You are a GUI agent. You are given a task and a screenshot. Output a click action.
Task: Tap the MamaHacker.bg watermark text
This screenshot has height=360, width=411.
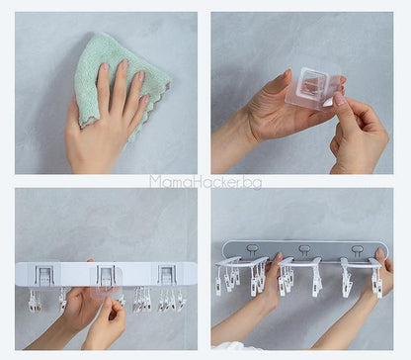tap(205, 182)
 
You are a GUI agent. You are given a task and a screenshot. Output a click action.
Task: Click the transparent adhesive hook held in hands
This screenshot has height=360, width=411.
tap(313, 88)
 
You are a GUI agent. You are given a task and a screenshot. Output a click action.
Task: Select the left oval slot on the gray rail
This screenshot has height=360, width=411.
tap(253, 248)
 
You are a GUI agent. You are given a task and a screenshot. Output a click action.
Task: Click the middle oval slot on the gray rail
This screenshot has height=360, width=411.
tap(304, 248)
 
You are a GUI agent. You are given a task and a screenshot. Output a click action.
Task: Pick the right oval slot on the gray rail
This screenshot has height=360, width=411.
tap(357, 249)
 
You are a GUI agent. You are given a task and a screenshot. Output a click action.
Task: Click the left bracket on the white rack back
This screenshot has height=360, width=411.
tap(44, 275)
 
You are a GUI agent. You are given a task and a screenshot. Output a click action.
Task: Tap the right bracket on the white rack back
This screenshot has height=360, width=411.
tap(168, 275)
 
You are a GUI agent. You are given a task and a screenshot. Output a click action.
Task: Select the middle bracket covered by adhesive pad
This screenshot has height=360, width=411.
tap(106, 276)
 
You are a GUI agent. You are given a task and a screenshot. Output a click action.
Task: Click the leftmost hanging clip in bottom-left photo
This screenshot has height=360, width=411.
tap(34, 301)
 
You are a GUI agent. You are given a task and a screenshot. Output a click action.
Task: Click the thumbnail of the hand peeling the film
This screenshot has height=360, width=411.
tap(340, 98)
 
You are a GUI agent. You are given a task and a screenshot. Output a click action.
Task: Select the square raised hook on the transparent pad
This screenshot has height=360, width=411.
tap(312, 84)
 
